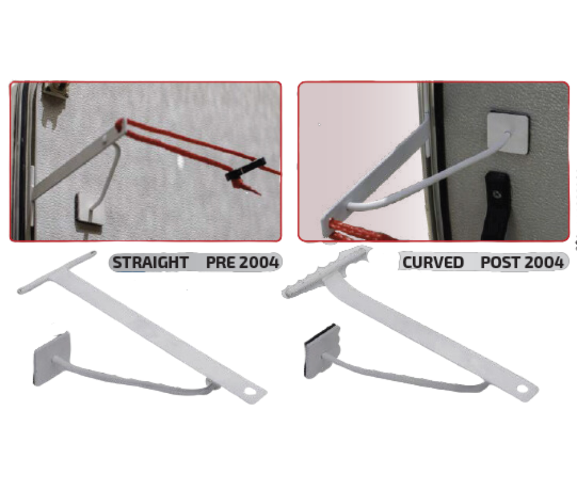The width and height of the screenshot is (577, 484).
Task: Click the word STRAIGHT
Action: pyautogui.click(x=150, y=262)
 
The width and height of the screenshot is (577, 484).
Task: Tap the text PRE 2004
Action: pyautogui.click(x=242, y=262)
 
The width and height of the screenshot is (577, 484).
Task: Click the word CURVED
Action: pyautogui.click(x=433, y=262)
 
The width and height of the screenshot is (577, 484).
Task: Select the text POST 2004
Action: pyautogui.click(x=522, y=262)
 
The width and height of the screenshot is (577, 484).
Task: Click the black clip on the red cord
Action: pyautogui.click(x=245, y=171)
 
